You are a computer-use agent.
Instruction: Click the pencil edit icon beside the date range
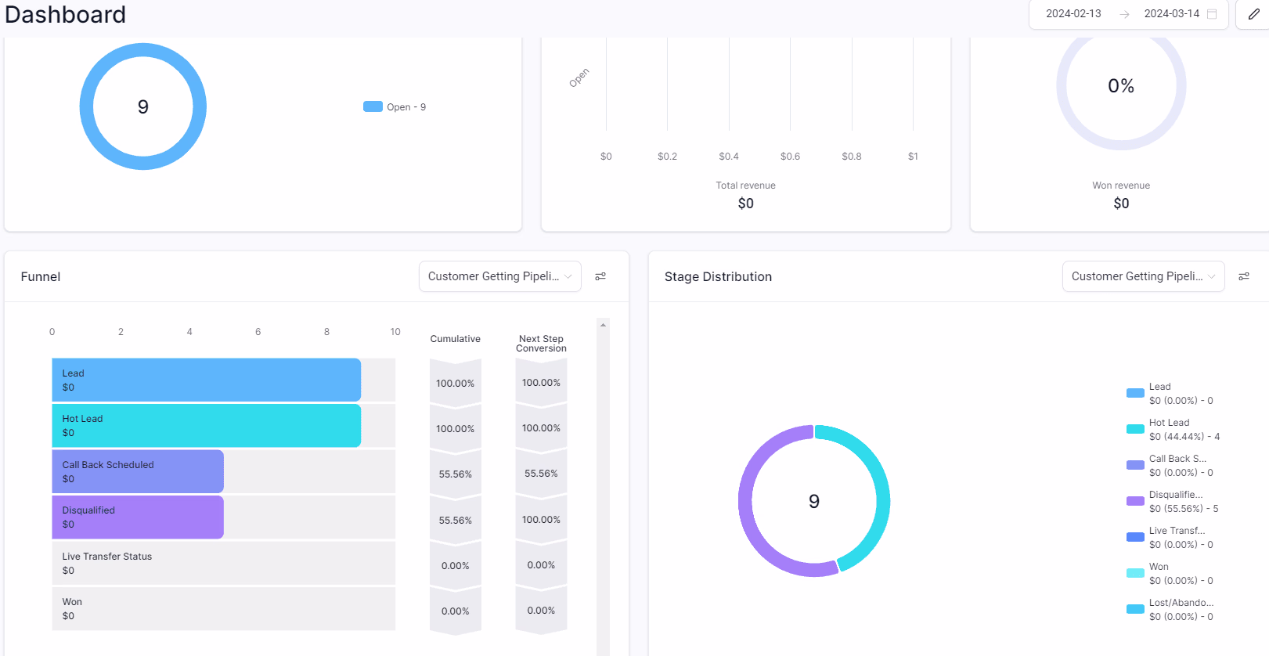click(x=1253, y=14)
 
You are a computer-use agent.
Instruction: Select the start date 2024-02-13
click(x=1073, y=14)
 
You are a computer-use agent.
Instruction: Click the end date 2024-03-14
click(x=1171, y=14)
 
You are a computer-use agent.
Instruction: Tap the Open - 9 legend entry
click(x=395, y=107)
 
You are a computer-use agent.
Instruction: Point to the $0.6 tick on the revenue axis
click(x=790, y=157)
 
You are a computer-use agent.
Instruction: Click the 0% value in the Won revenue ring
click(x=1121, y=86)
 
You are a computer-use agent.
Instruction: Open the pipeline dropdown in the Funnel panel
click(x=499, y=276)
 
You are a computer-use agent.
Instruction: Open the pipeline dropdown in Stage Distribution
click(x=1143, y=276)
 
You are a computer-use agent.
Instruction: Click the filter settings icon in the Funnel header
click(x=600, y=276)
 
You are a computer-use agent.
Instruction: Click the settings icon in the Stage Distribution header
click(x=1244, y=276)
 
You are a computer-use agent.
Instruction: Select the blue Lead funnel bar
click(x=206, y=380)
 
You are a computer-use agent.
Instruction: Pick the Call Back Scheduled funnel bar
click(x=138, y=471)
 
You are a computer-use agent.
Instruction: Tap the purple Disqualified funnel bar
click(x=138, y=517)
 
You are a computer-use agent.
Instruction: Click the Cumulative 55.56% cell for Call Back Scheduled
click(x=455, y=474)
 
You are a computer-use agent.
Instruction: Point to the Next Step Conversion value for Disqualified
click(x=541, y=520)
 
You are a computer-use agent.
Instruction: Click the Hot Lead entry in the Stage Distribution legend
click(x=1172, y=430)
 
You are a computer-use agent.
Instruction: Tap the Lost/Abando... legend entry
click(x=1172, y=610)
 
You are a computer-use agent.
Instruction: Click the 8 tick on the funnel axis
click(x=326, y=332)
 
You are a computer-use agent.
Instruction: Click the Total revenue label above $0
click(x=745, y=186)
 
